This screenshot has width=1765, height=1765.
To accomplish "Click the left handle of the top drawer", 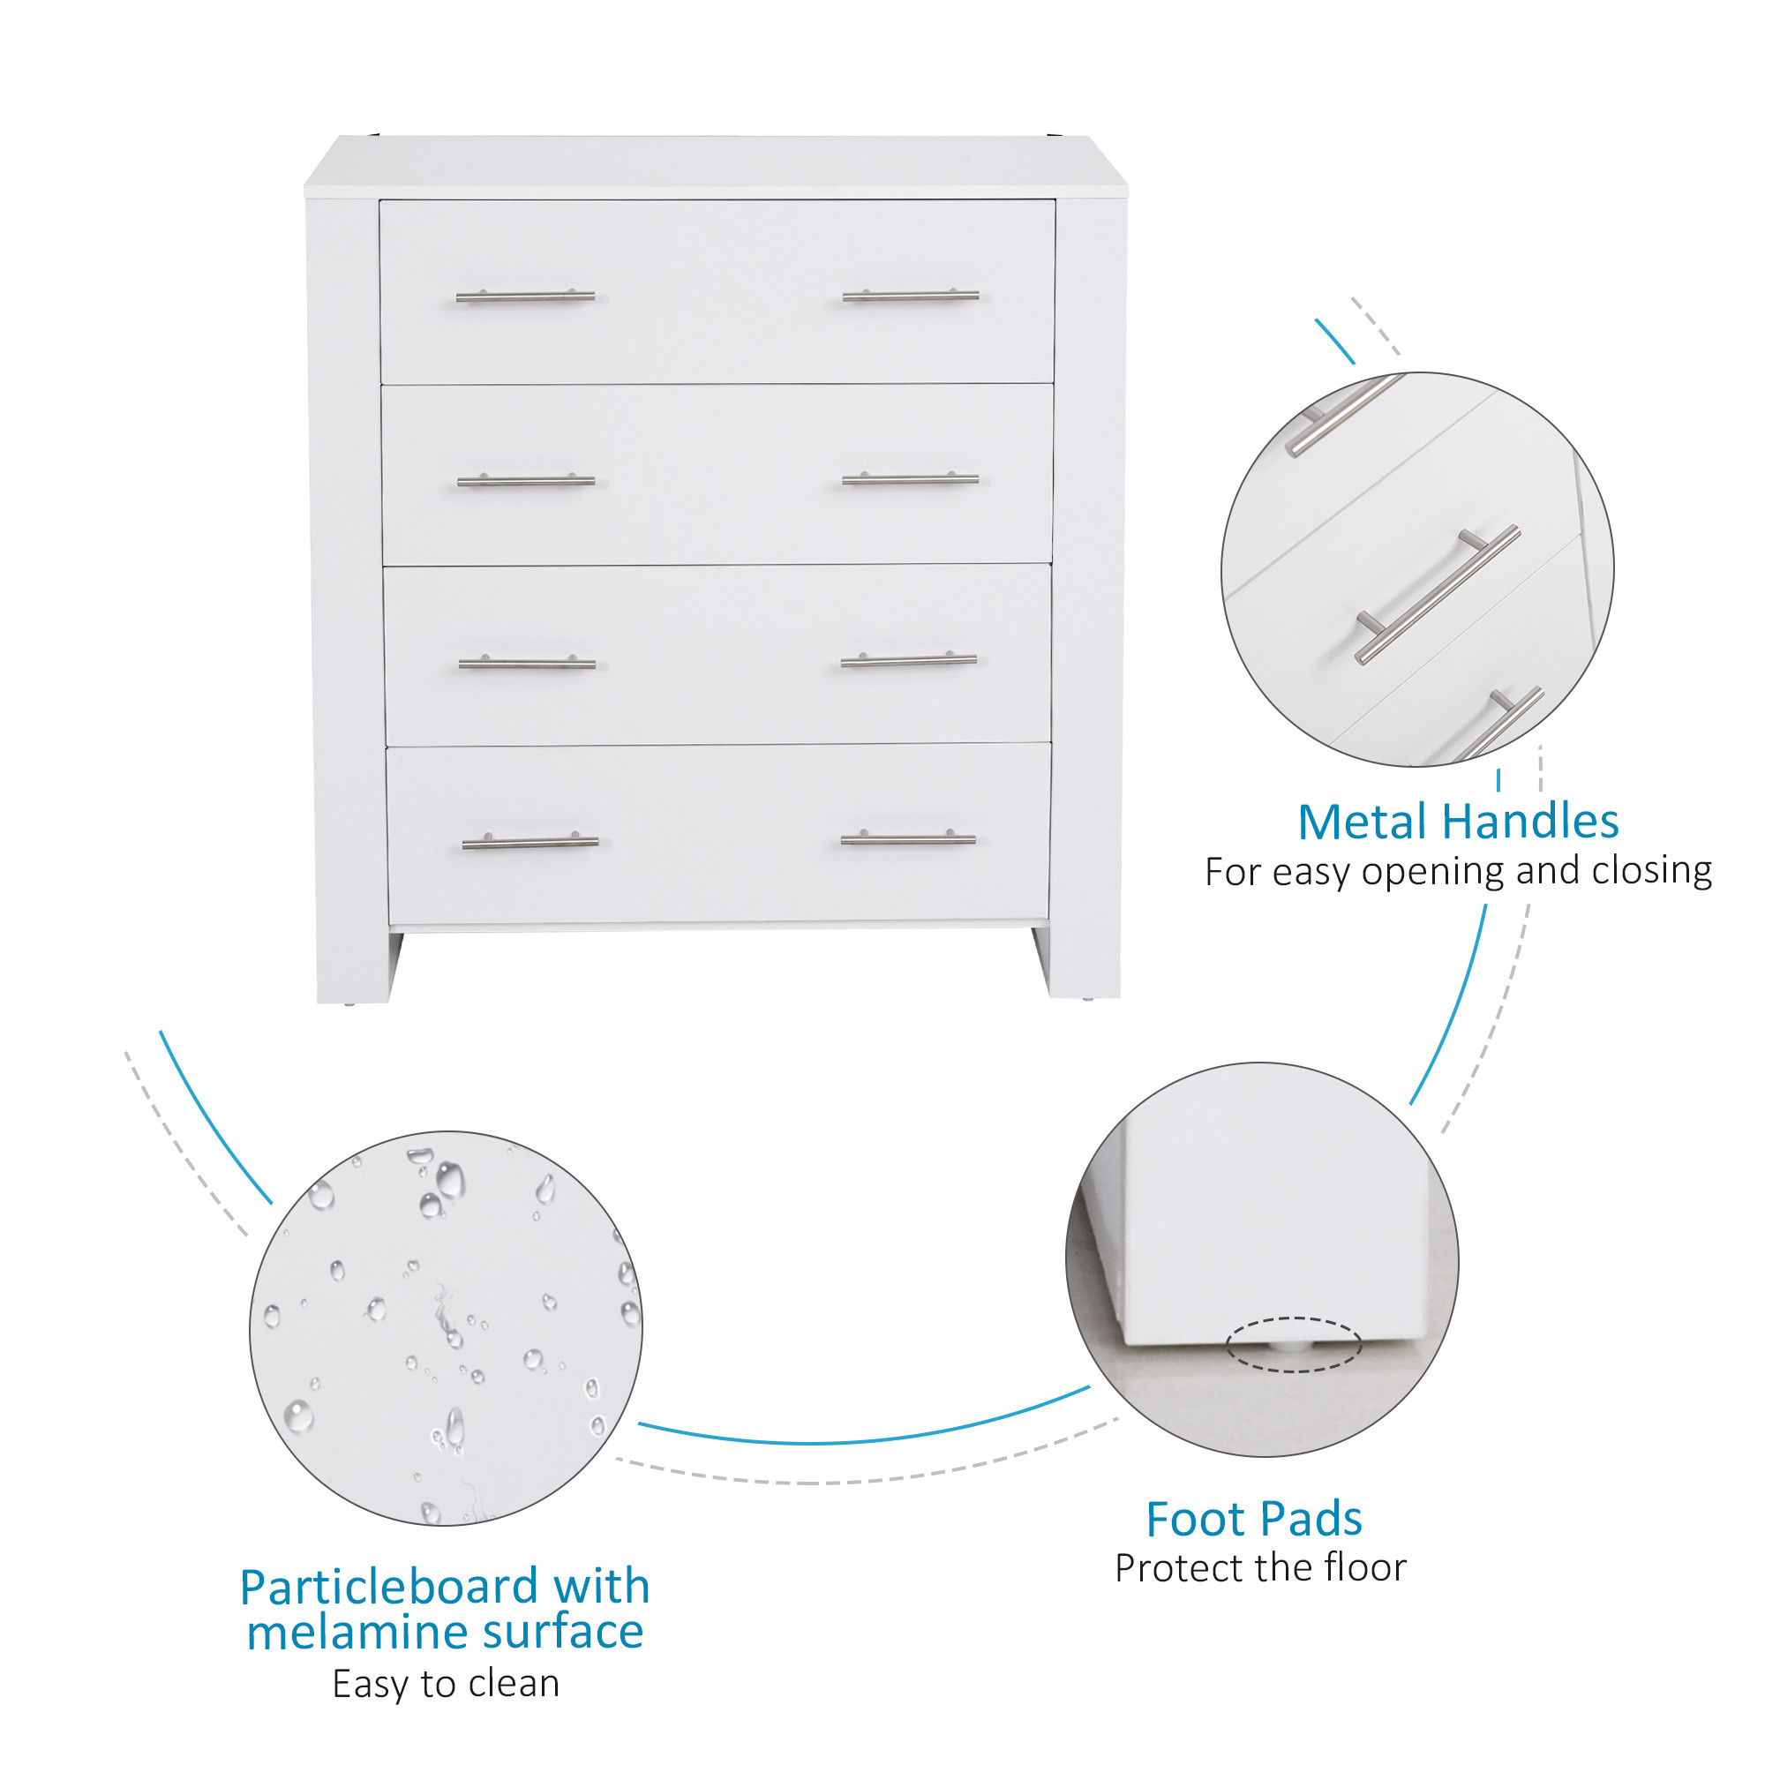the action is [x=525, y=296].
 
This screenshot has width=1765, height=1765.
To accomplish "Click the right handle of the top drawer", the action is [x=911, y=295].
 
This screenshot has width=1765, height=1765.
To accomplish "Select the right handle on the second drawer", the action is [x=911, y=477].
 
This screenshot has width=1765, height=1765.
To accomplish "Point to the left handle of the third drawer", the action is [x=527, y=663].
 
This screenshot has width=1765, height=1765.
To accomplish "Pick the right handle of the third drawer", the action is [x=909, y=659].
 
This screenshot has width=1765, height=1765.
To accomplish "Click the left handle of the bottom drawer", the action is [x=529, y=841].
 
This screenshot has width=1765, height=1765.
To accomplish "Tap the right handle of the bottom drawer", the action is [x=908, y=837].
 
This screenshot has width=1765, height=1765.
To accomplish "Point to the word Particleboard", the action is [x=389, y=1586].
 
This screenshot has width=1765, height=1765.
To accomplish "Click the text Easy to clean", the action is [x=446, y=1683].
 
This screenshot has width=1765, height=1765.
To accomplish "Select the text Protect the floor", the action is [x=1261, y=1567].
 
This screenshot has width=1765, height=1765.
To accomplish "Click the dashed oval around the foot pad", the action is [x=1294, y=1318].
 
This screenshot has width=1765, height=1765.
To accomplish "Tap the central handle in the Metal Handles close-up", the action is [x=1437, y=594].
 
